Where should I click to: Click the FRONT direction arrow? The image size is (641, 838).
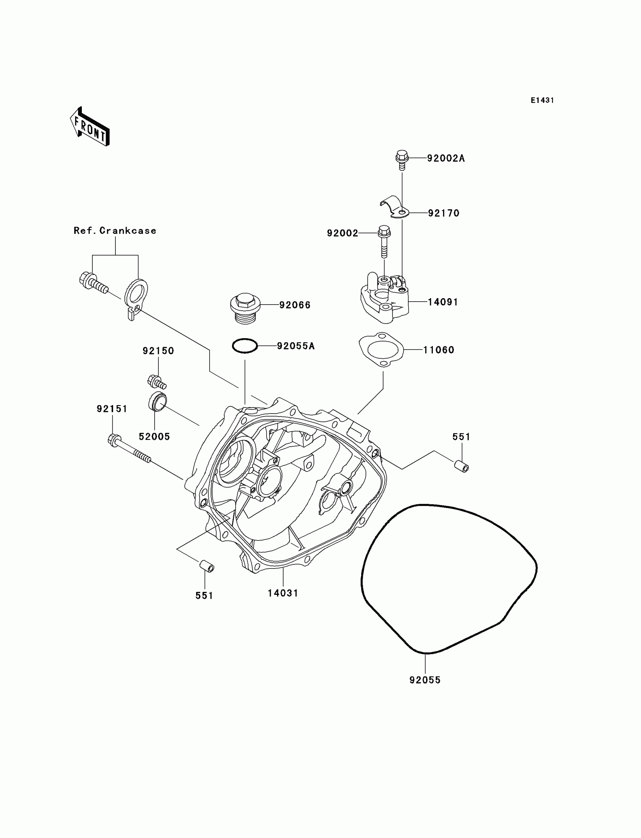pyautogui.click(x=90, y=127)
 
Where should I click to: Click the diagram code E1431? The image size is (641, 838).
pyautogui.click(x=542, y=100)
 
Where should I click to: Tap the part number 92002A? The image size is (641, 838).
pyautogui.click(x=446, y=158)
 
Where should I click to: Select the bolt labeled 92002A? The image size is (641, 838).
pyautogui.click(x=402, y=160)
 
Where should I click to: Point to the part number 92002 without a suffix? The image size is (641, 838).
pyautogui.click(x=342, y=233)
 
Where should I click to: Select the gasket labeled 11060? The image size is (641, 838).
pyautogui.click(x=381, y=349)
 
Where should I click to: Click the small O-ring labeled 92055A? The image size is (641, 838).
pyautogui.click(x=245, y=346)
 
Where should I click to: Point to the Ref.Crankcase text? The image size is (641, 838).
pyautogui.click(x=115, y=230)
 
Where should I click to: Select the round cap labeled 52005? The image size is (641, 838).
pyautogui.click(x=157, y=401)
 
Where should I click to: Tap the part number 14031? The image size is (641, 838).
pyautogui.click(x=283, y=593)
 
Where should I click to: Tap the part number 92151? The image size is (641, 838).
pyautogui.click(x=112, y=409)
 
